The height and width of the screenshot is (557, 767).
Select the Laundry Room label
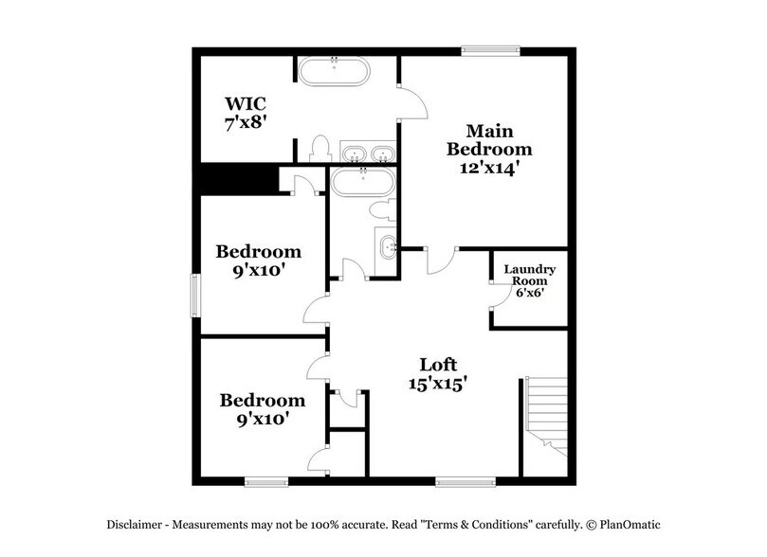(x=529, y=275)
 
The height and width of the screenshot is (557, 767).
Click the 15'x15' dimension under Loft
(x=439, y=386)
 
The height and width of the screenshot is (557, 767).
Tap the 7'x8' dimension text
(x=243, y=123)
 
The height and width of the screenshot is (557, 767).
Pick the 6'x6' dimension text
(x=529, y=293)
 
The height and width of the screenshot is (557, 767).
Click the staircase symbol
(x=545, y=417)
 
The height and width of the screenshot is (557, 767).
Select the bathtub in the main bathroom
(x=334, y=71)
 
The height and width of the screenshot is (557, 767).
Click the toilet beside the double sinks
(x=320, y=150)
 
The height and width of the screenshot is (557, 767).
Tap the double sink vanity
(x=368, y=154)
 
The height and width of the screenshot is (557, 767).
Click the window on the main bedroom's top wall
(x=489, y=49)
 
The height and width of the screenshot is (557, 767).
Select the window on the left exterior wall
(x=194, y=296)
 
